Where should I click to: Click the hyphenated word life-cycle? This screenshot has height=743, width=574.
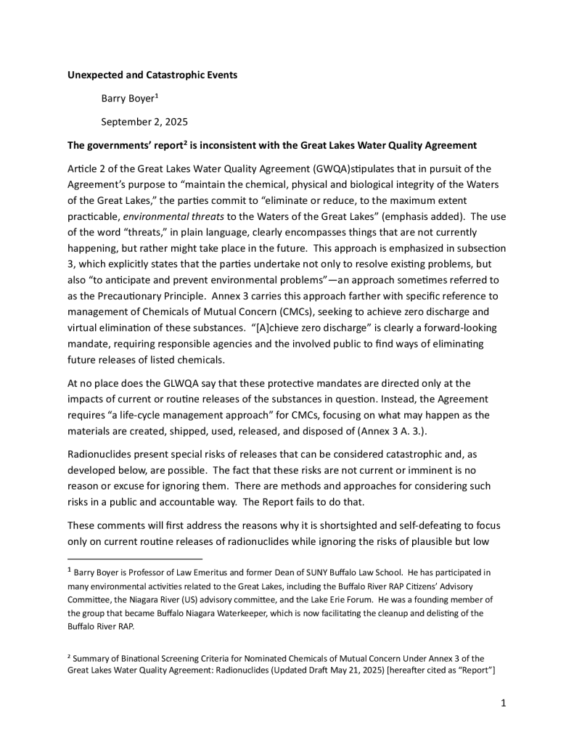tap(134, 415)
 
